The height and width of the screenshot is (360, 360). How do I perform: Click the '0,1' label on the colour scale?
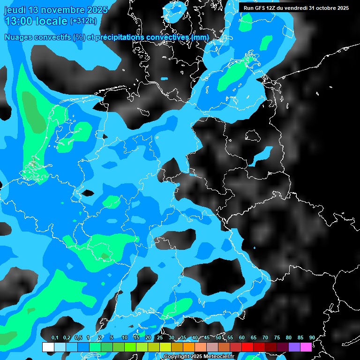point(55,338)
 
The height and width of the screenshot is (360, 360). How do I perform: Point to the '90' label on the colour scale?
point(312,338)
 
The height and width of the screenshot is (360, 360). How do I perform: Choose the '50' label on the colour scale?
point(218,338)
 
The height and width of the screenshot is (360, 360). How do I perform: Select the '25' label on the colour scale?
point(160,338)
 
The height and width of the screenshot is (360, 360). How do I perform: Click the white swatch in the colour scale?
point(48,347)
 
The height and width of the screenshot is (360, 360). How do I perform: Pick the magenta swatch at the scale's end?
point(306,347)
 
